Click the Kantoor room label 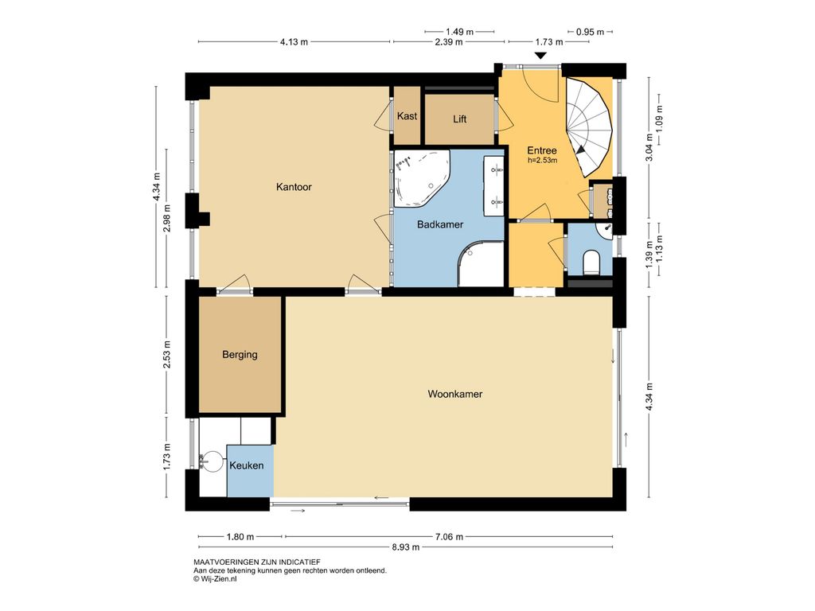pyautogui.click(x=294, y=187)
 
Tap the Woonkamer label pyautogui.click(x=454, y=394)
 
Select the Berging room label pyautogui.click(x=240, y=355)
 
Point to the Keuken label pyautogui.click(x=247, y=465)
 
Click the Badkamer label pyautogui.click(x=440, y=224)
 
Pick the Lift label pyautogui.click(x=459, y=119)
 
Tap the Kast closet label pyautogui.click(x=407, y=116)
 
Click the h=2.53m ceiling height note pyautogui.click(x=542, y=161)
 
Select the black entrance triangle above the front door pyautogui.click(x=541, y=56)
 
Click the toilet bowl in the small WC pyautogui.click(x=591, y=263)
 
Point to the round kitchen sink pyautogui.click(x=212, y=461)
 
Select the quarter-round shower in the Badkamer pyautogui.click(x=481, y=263)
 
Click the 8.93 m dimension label pyautogui.click(x=405, y=547)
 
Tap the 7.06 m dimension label pyautogui.click(x=449, y=537)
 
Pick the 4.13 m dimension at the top pyautogui.click(x=294, y=42)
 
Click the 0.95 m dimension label pyautogui.click(x=590, y=32)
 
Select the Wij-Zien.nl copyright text pyautogui.click(x=215, y=579)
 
